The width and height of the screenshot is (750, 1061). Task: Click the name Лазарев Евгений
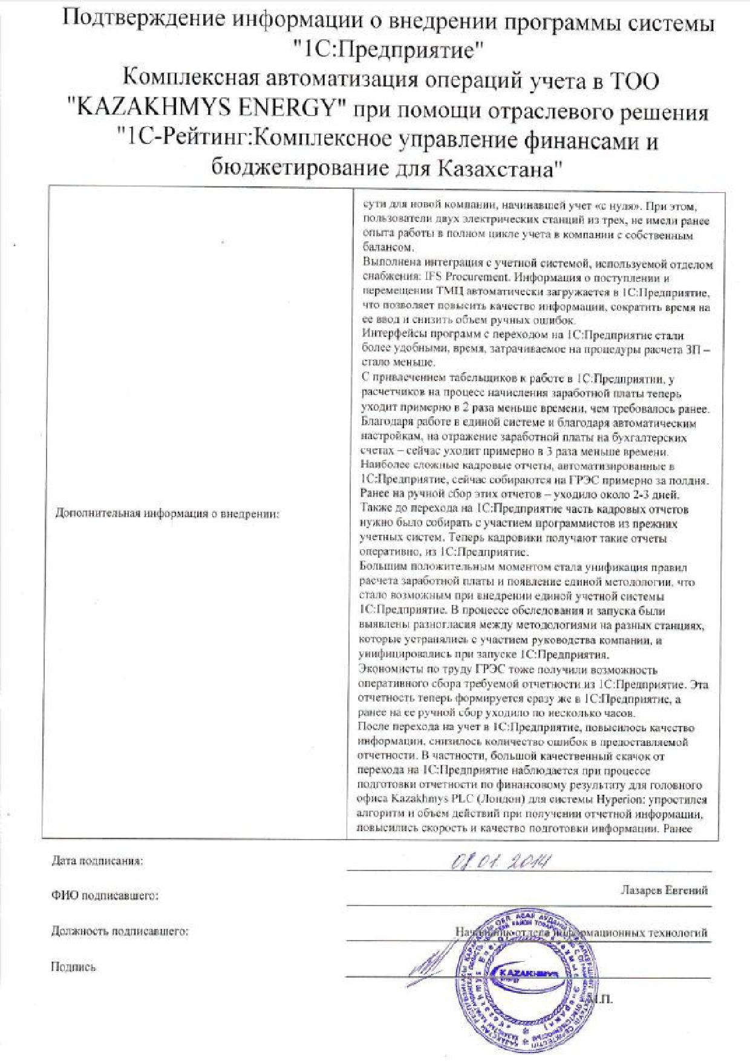click(664, 890)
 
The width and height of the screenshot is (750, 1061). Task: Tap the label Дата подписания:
click(97, 861)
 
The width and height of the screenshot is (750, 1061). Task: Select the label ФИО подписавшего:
click(105, 896)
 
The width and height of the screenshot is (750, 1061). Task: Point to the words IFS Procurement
click(448, 278)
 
